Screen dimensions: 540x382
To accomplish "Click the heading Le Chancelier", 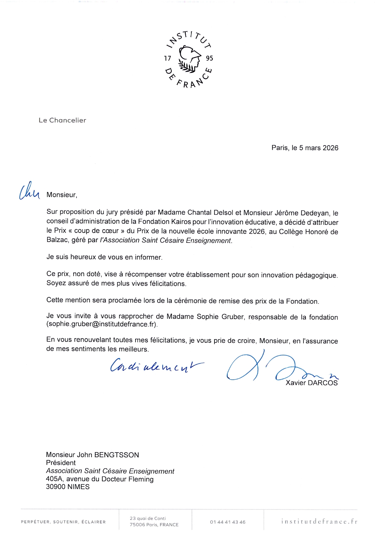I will click(62, 120).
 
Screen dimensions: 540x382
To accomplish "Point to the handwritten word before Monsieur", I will click(29, 192).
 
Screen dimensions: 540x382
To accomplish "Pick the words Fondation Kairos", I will click(165, 222).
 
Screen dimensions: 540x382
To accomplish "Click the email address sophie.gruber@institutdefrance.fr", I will click(102, 324).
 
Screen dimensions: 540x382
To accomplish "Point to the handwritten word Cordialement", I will click(156, 366).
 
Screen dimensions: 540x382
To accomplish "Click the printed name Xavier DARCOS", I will click(311, 383).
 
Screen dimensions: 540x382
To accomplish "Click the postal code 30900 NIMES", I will click(68, 487).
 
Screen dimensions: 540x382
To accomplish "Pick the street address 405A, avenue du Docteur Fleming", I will click(100, 479).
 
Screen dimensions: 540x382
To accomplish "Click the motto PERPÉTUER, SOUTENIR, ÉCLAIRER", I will click(63, 522).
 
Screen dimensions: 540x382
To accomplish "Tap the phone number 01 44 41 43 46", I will click(228, 522).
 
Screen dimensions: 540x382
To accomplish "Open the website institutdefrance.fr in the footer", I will click(319, 522).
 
